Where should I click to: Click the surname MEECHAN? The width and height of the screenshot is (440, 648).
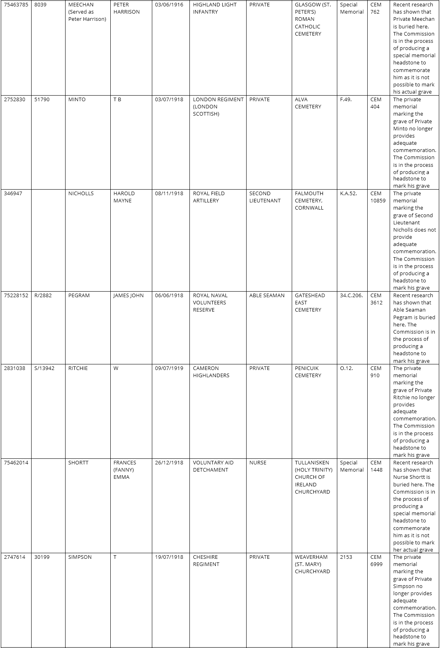tap(81, 5)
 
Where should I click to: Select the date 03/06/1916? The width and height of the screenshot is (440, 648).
tap(169, 5)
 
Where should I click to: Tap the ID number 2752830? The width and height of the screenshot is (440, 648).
tap(14, 100)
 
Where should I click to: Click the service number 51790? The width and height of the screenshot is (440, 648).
tap(42, 100)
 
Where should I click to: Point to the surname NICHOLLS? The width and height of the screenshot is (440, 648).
tap(81, 194)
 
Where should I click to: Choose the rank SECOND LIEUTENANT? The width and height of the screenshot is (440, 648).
tap(265, 197)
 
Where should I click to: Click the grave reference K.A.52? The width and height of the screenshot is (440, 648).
tap(348, 194)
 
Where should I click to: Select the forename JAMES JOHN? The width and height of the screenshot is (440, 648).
tap(128, 296)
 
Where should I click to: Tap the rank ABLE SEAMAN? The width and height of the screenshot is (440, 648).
tap(267, 296)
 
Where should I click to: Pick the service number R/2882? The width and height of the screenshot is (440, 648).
tap(43, 296)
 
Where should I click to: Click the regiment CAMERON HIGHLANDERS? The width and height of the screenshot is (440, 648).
tap(211, 372)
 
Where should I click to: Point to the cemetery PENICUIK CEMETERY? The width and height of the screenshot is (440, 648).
tap(308, 372)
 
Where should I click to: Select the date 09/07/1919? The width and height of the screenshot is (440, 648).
tap(169, 368)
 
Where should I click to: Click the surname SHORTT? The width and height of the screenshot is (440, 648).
tap(78, 463)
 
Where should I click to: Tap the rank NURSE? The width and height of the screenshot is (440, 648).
tap(258, 463)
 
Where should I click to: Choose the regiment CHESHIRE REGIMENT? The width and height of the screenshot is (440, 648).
tap(206, 561)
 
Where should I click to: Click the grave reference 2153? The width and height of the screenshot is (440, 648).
tap(346, 557)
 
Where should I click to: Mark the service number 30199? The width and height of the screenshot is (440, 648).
tap(42, 557)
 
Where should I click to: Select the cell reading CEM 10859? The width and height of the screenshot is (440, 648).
tap(378, 197)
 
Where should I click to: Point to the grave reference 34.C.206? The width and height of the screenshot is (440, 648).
tap(351, 296)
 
